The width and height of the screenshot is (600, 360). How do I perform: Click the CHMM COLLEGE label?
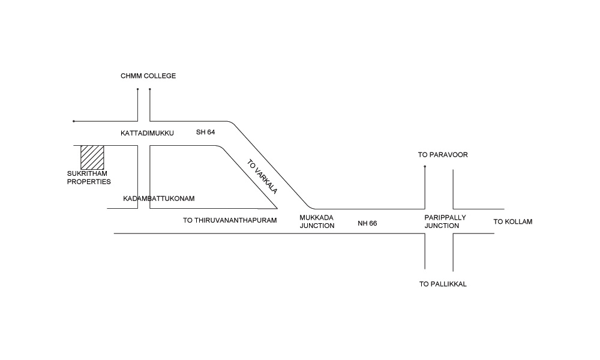tap(148, 76)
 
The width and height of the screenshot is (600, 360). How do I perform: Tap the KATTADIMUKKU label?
tap(147, 133)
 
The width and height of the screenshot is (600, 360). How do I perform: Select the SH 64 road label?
tap(206, 132)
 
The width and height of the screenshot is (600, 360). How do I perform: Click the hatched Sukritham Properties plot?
tap(92, 157)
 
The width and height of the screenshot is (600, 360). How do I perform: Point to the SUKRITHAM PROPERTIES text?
tap(89, 178)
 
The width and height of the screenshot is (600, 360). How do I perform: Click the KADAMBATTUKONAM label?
tap(159, 199)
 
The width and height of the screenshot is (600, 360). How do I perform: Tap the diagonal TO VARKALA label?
tap(262, 175)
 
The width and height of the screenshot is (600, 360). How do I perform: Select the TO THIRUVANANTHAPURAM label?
tap(230, 220)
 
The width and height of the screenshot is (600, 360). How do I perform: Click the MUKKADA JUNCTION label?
tap(317, 221)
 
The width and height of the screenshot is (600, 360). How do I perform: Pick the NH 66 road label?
tap(367, 223)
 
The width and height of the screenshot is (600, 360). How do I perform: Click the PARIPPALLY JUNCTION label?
tap(445, 221)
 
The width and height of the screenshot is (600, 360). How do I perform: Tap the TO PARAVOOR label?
tap(443, 155)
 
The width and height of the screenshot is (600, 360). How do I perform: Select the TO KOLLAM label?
tap(513, 222)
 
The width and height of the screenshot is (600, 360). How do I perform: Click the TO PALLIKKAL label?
tap(443, 284)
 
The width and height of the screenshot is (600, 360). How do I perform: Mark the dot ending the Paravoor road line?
tap(425, 166)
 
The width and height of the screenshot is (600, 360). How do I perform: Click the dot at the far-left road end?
tap(74, 121)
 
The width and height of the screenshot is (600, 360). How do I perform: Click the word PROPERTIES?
tap(89, 181)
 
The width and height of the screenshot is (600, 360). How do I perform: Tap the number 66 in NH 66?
tap(373, 223)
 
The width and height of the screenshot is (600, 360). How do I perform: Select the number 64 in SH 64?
tap(211, 132)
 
